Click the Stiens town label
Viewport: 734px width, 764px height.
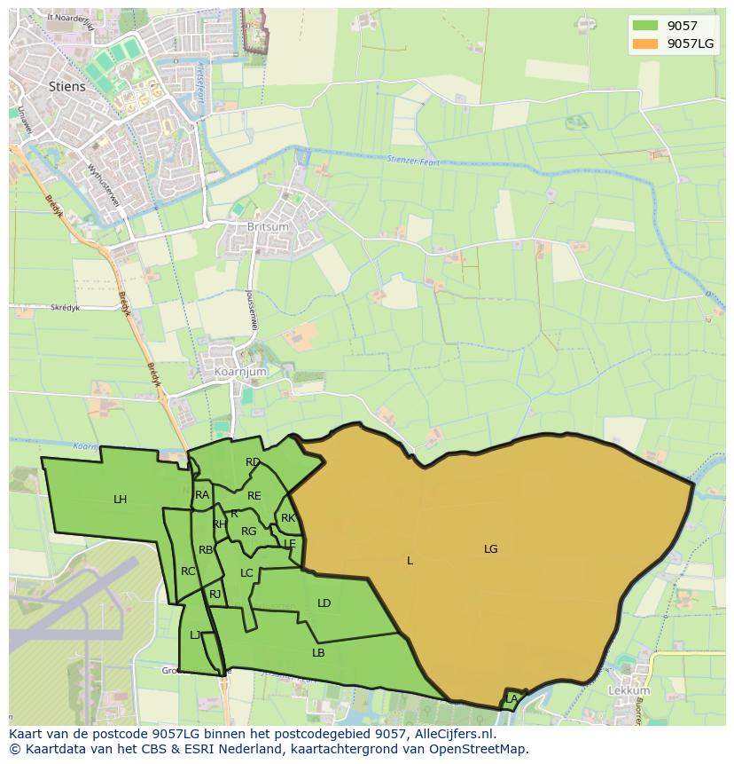coord(68,87)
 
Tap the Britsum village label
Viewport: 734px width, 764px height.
coord(245,227)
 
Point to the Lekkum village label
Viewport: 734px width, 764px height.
coord(629,690)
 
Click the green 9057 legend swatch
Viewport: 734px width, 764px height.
coord(645,26)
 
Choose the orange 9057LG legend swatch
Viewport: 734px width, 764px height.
coord(645,43)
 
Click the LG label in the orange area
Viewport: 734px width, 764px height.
coord(491,549)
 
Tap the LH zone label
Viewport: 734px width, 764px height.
coord(121,500)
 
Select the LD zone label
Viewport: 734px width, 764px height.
coord(324,603)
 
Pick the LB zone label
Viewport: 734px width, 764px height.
coord(318,653)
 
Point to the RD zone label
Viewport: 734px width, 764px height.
coord(254,462)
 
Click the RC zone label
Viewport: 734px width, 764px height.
coord(188,571)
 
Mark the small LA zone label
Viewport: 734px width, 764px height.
coord(511,699)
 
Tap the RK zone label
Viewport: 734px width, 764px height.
coord(288,518)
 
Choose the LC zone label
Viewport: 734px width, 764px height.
coord(246,573)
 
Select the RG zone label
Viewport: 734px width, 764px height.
coord(249,532)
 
